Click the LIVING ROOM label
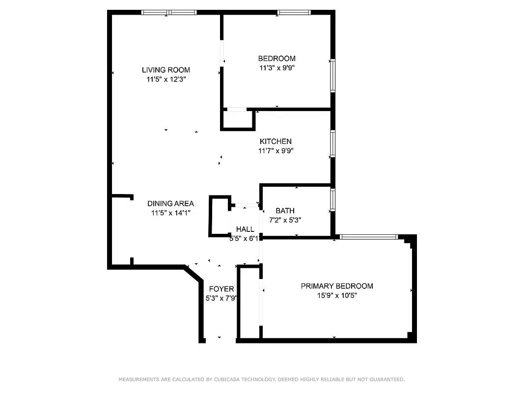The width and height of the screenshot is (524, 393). click(165, 70)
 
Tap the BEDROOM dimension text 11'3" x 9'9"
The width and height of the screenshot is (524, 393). click(277, 68)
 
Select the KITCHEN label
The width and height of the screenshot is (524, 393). click(276, 141)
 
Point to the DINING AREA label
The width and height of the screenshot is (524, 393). click(170, 203)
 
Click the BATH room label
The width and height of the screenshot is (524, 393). click(285, 211)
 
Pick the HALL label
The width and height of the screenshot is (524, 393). click(245, 229)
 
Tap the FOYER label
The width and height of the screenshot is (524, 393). click(221, 289)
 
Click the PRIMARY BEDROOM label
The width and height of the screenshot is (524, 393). click(336, 286)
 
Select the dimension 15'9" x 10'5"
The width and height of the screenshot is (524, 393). click(336, 295)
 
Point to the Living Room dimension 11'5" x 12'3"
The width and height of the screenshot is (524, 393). click(165, 79)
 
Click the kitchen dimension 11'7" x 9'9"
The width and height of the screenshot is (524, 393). click(276, 151)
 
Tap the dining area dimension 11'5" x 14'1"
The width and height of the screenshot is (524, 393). click(170, 213)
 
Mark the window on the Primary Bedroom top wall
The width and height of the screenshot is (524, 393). click(369, 237)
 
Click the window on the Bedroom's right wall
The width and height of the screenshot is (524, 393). click(332, 76)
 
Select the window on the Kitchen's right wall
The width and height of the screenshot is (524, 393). click(332, 143)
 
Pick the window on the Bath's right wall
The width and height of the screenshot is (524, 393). click(332, 199)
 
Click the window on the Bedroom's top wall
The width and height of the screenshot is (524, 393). click(294, 12)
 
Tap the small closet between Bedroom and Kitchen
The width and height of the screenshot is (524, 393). click(238, 119)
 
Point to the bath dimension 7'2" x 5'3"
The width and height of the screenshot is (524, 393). click(285, 220)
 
